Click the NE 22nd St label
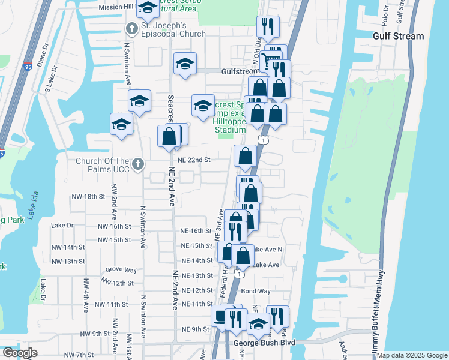coord(194,160)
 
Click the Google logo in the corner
coord(20,353)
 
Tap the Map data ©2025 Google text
coord(412,355)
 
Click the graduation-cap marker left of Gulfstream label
coord(185,64)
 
